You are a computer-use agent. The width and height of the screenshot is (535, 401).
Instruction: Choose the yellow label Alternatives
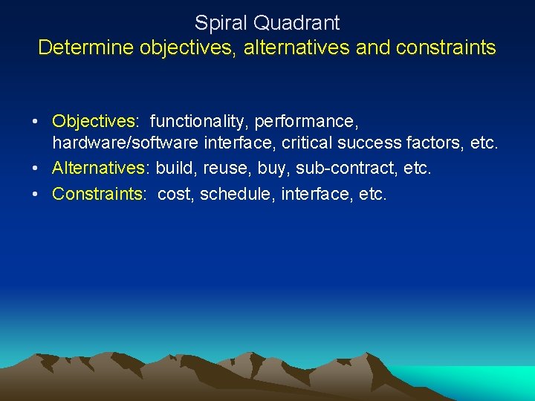pos(99,169)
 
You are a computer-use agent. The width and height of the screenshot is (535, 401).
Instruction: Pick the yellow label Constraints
pos(98,194)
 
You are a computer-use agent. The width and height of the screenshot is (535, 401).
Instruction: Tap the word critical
pos(305,143)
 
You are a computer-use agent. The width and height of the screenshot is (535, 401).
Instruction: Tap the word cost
pos(176,194)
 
